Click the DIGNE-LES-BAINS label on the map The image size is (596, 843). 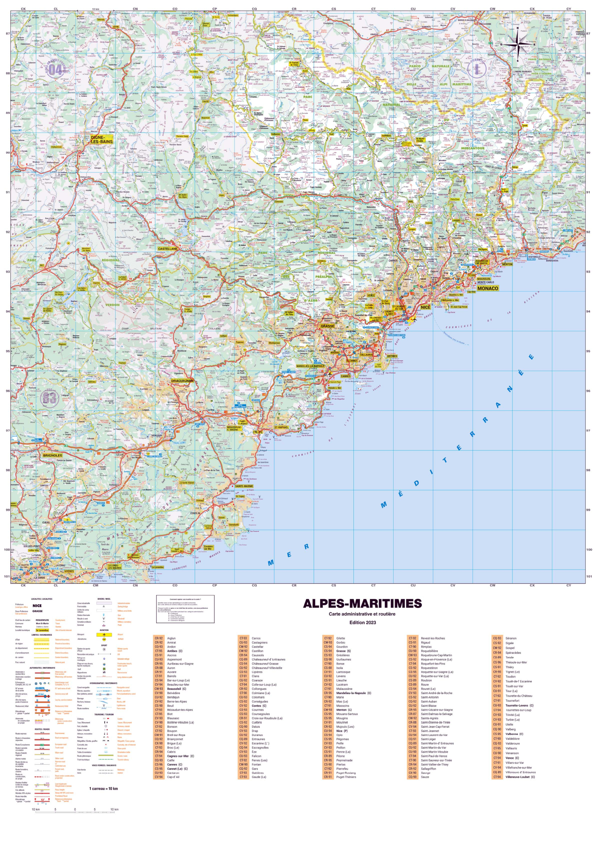tap(102, 140)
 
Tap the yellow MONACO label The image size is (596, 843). tap(487, 288)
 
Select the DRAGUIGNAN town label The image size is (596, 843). tap(182, 381)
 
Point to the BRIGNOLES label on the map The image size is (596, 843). tap(52, 455)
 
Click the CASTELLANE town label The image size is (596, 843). tap(168, 249)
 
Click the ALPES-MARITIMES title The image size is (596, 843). tap(362, 604)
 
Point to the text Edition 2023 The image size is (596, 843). tap(362, 622)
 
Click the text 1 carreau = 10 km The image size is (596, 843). tap(103, 789)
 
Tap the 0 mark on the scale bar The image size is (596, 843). tap(75, 809)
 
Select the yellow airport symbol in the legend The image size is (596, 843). tap(104, 635)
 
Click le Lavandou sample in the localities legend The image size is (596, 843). tap(42, 630)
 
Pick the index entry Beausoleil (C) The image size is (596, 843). tap(176, 689)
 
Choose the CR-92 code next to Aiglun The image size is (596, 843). tap(159, 638)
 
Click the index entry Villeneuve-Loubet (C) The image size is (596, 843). tap(520, 777)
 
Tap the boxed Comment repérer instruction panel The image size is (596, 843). tap(185, 609)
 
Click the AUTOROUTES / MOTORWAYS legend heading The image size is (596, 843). tap(42, 668)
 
